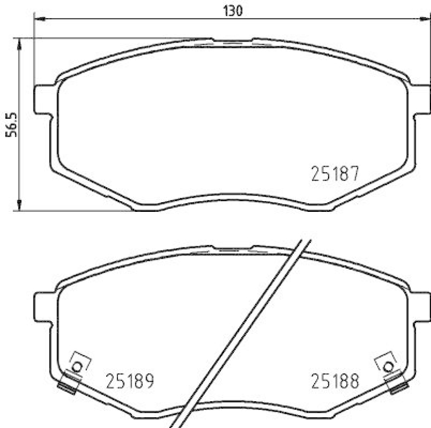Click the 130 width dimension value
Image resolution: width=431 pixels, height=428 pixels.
click(x=231, y=10)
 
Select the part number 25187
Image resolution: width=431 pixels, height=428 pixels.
click(x=335, y=174)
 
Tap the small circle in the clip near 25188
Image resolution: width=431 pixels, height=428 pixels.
click(x=388, y=367)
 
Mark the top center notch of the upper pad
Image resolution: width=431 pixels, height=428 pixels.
click(x=232, y=41)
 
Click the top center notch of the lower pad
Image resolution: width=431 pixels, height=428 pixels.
click(x=232, y=248)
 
